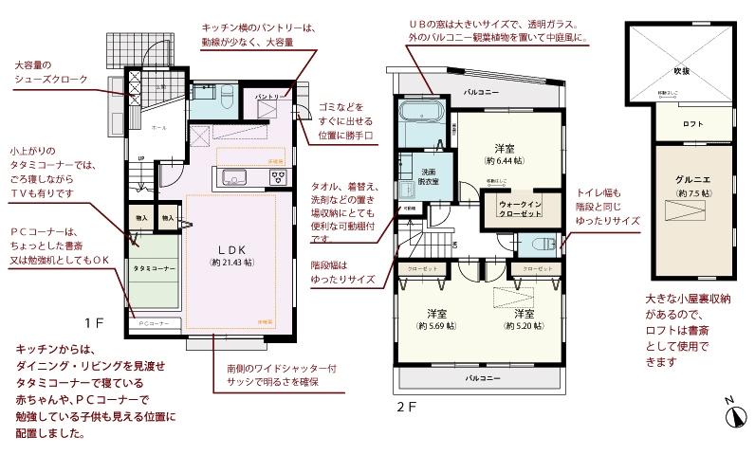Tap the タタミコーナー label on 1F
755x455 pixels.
153,269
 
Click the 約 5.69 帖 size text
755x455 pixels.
436,326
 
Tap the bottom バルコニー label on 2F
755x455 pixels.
483,377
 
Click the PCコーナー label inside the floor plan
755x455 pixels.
154,323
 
